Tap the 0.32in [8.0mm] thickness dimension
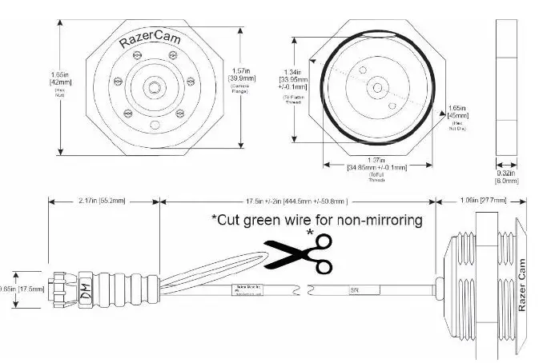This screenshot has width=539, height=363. (x=506, y=177)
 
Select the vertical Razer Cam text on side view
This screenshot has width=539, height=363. (x=524, y=285)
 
